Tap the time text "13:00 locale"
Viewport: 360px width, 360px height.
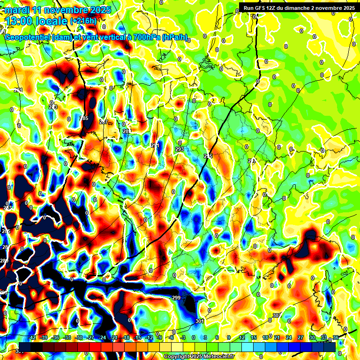click(x=37, y=21)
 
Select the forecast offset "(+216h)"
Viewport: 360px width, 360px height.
click(x=83, y=21)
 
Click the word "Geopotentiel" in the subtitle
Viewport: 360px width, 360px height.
click(x=27, y=37)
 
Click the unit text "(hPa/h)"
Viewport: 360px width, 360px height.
click(x=174, y=37)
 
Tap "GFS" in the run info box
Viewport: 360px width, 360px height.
click(x=259, y=8)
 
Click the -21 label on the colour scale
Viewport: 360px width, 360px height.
click(x=114, y=337)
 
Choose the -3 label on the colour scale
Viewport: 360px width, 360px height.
click(x=183, y=337)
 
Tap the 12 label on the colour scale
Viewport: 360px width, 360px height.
click(x=242, y=337)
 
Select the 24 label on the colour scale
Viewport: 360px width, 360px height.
click(x=289, y=337)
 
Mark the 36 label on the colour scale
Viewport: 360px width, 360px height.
click(x=336, y=337)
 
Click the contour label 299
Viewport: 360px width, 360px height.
click(x=176, y=298)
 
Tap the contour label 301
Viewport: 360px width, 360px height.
click(x=200, y=321)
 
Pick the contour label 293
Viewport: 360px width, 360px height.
click(x=179, y=149)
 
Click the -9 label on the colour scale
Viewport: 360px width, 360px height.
click(x=160, y=337)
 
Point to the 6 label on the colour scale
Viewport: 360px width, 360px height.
click(x=217, y=337)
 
